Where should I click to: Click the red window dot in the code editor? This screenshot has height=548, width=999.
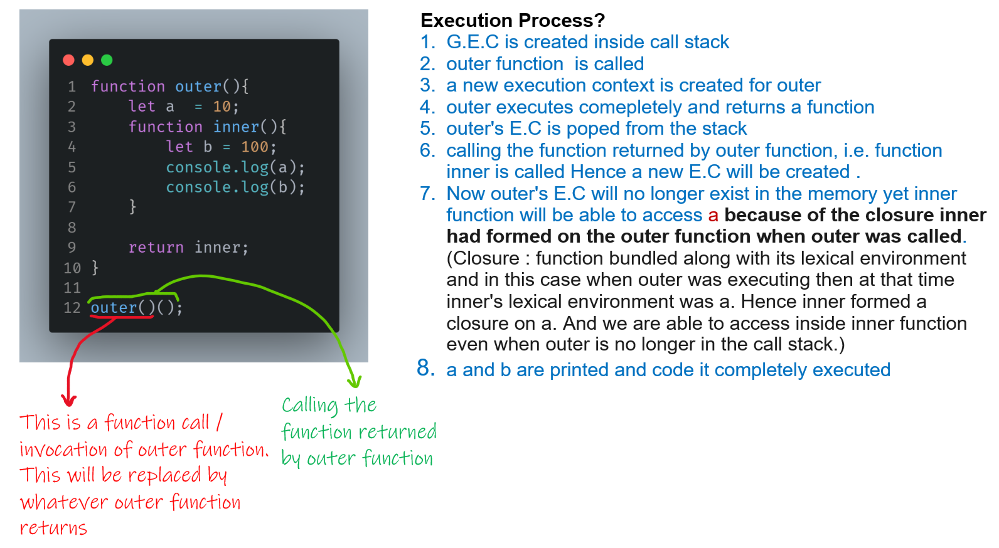(x=69, y=60)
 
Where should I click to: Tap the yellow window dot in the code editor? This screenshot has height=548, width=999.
(x=88, y=60)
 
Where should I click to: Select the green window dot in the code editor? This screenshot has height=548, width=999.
(x=107, y=60)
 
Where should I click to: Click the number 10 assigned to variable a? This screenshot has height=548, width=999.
(x=222, y=107)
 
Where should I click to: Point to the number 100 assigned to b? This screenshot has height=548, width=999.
(x=254, y=147)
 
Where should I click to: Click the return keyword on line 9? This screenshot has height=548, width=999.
(x=156, y=248)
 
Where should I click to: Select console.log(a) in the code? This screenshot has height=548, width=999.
(x=235, y=167)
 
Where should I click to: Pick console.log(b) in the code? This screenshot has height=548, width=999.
(x=235, y=187)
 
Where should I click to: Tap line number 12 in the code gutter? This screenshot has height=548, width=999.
(x=72, y=308)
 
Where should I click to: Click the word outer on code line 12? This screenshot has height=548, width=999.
(x=114, y=308)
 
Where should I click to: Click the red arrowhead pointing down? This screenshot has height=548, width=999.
(x=69, y=400)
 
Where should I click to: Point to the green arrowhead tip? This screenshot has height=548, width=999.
(x=355, y=382)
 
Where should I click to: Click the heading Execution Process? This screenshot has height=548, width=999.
(x=513, y=21)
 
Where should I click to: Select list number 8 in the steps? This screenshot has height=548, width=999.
(x=426, y=368)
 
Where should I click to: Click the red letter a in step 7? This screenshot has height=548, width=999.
(x=713, y=216)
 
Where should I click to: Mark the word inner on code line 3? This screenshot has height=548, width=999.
(x=236, y=127)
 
